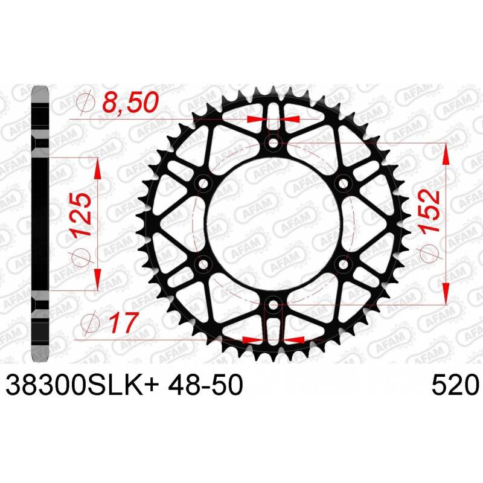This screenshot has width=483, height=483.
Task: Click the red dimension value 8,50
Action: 130,102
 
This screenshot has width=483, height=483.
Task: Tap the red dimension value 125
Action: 80,214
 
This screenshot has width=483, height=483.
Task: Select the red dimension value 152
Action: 429,213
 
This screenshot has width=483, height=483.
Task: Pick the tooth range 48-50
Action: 206,385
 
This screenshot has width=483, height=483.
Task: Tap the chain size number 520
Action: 456,385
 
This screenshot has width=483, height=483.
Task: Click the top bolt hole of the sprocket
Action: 273,142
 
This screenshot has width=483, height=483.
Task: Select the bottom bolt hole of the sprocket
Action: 273,305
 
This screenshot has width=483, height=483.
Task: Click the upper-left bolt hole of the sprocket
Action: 203,184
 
